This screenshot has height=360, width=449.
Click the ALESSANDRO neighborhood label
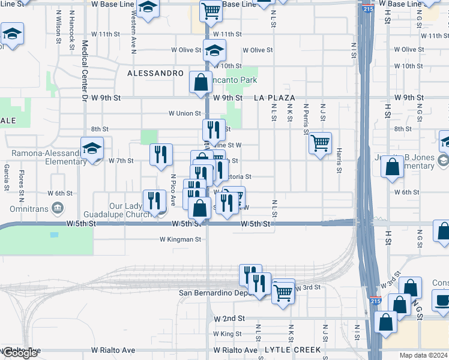pos(155,73)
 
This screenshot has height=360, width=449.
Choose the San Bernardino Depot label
pos(214,293)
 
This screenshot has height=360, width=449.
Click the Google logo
pos(20,353)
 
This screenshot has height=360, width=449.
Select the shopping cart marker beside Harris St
pos(321,143)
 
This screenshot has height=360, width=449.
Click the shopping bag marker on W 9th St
pos(200,82)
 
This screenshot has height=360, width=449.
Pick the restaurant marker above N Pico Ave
pos(161,154)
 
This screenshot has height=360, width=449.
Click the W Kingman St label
pos(180,239)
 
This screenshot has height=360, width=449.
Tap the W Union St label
pos(184,113)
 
